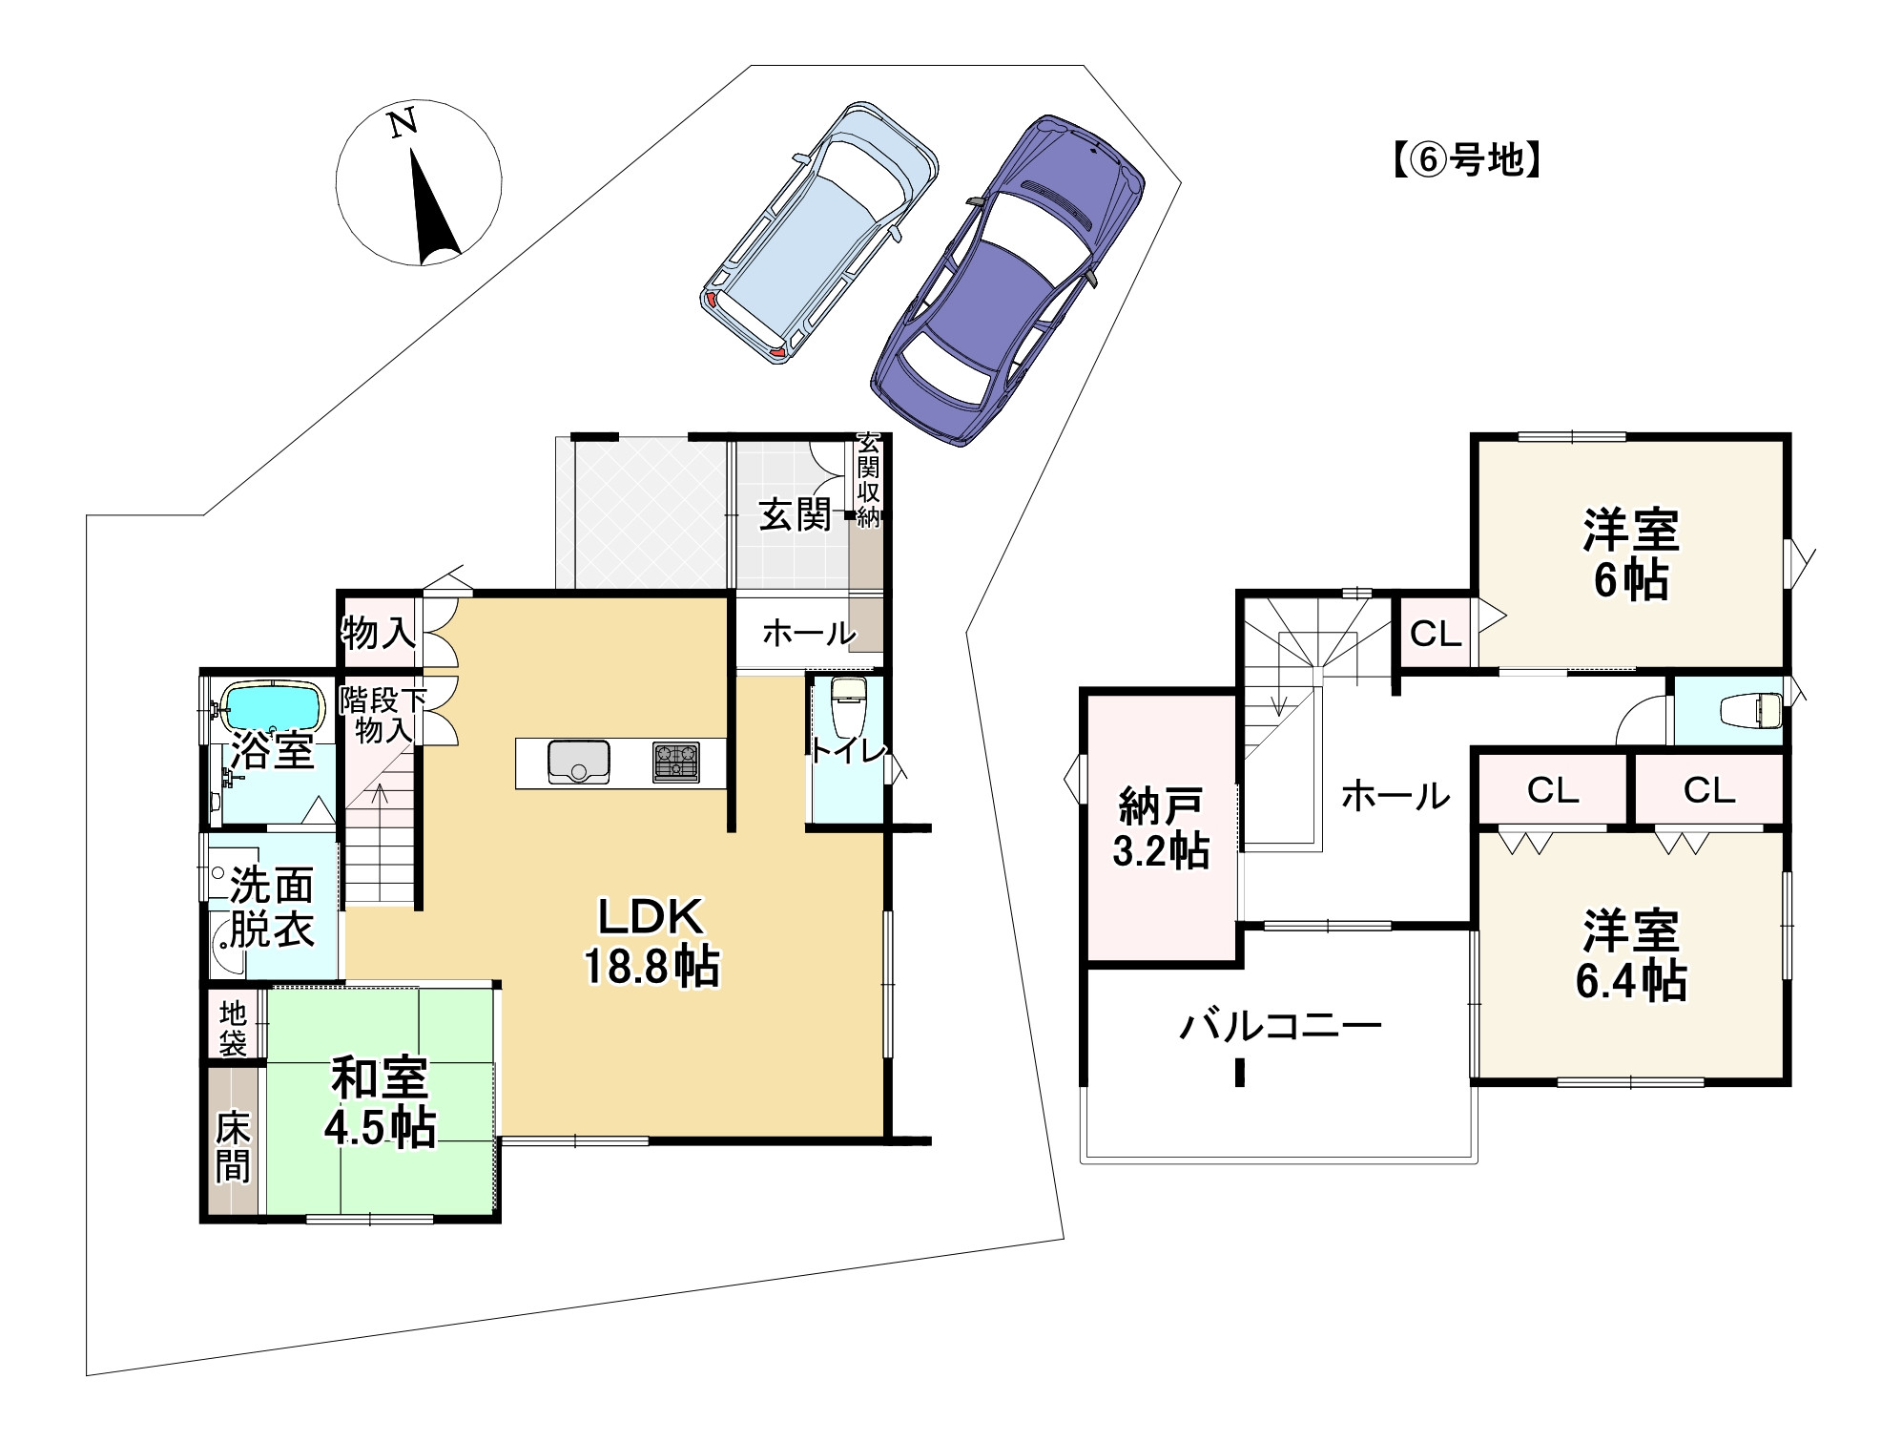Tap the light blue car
point(819,232)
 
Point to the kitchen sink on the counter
point(579,761)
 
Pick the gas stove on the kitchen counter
point(675,762)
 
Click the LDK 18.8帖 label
point(651,941)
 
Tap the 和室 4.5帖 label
point(380,1101)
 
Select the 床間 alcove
point(233,1142)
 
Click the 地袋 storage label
point(233,1027)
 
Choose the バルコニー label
point(1280,1027)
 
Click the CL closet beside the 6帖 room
point(1436,633)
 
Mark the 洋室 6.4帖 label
point(1630,955)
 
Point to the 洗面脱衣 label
point(272,908)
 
